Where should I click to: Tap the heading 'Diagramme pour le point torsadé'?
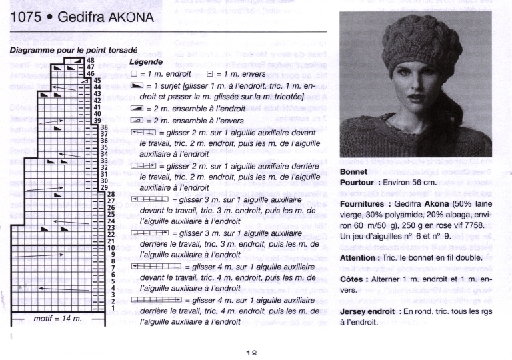pos(73,50)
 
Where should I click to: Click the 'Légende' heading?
pos(146,61)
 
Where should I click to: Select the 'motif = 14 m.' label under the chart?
pos(58,319)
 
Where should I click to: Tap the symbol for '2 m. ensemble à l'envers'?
pos(137,120)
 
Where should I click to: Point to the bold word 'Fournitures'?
pos(366,203)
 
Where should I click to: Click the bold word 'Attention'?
pos(362,257)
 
